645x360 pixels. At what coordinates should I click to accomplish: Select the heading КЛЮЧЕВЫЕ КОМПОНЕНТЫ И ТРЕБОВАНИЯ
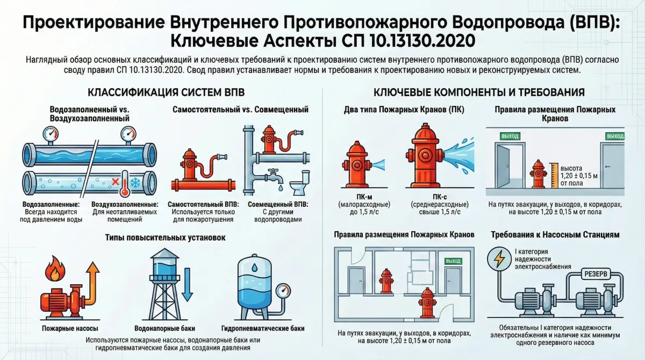point(479,92)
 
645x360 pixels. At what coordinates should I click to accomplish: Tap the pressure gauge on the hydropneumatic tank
point(282,291)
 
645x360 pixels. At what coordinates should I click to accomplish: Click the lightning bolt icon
point(499,260)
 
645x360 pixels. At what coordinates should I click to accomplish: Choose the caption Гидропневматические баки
point(262,328)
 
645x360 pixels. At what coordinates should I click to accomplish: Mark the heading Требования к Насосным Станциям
point(555,235)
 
